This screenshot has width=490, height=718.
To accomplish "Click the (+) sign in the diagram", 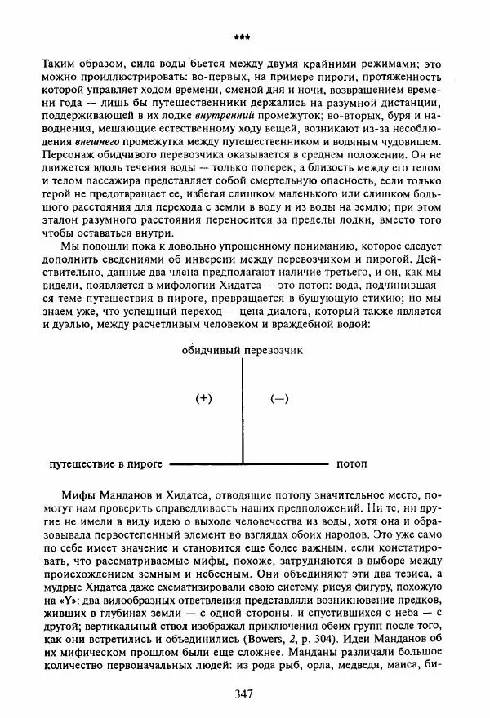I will [204, 398].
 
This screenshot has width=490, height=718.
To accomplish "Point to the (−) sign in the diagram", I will [279, 398].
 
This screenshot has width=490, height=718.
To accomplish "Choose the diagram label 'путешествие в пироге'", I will [105, 463].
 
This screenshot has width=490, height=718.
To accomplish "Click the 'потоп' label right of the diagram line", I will [351, 463].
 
